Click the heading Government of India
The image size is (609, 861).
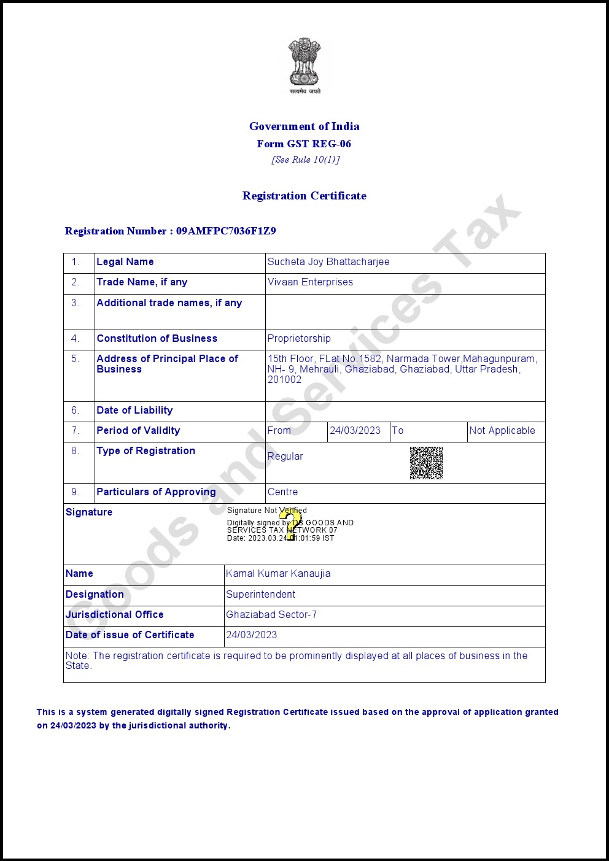(x=304, y=126)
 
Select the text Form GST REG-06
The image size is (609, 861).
(x=304, y=144)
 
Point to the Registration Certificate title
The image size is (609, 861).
(x=304, y=196)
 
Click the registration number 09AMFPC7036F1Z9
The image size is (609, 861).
(x=226, y=231)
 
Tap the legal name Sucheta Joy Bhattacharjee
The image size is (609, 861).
(x=328, y=262)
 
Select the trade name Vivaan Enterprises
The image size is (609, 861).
(x=310, y=282)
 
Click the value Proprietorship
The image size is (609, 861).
(x=299, y=339)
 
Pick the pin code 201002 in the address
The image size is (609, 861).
(x=284, y=380)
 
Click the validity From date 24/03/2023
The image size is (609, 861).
(x=355, y=431)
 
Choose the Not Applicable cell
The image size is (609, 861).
(x=502, y=431)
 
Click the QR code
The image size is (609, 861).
(x=426, y=463)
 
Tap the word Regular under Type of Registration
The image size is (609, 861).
(x=285, y=457)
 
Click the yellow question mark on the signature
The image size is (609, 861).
(x=290, y=525)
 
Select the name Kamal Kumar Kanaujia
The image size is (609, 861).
(x=278, y=574)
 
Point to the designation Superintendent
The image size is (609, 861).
(x=260, y=595)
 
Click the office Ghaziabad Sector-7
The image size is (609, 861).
(x=271, y=615)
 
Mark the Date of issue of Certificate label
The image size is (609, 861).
(x=130, y=635)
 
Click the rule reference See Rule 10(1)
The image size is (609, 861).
(x=305, y=160)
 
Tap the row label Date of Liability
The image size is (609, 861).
(x=134, y=411)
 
